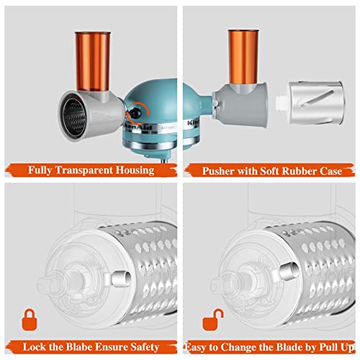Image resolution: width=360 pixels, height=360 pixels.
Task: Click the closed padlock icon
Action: [x=30, y=320]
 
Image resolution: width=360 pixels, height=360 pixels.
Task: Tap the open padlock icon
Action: [x=212, y=320]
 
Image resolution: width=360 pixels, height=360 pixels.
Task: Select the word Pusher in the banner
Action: [x=218, y=171]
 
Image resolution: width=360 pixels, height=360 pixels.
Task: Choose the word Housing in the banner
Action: [x=135, y=171]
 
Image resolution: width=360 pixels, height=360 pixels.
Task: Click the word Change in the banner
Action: [x=238, y=347]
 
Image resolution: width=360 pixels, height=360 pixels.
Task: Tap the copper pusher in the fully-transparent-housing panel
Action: [x=93, y=61]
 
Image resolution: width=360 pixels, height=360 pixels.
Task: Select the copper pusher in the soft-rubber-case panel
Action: [x=243, y=57]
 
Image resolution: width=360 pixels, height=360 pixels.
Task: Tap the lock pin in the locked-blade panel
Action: [x=121, y=279]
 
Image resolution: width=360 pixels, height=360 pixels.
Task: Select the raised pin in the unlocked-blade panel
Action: [x=289, y=271]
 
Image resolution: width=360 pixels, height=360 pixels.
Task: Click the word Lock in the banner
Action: [x=32, y=347]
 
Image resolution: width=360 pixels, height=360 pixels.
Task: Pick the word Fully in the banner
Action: [x=40, y=171]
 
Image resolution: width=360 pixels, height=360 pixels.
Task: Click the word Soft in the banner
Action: [x=270, y=171]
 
